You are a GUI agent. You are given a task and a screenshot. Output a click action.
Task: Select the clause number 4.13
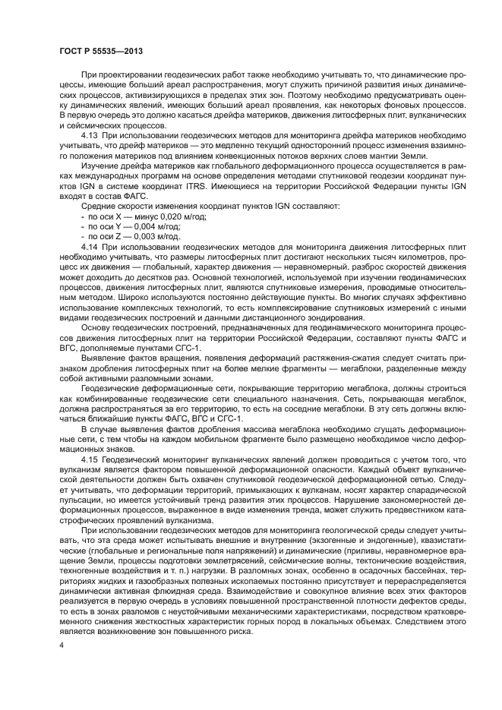click(x=90, y=134)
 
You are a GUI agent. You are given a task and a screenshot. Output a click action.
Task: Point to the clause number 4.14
click(x=90, y=248)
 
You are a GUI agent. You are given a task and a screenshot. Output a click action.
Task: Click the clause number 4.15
click(x=90, y=439)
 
